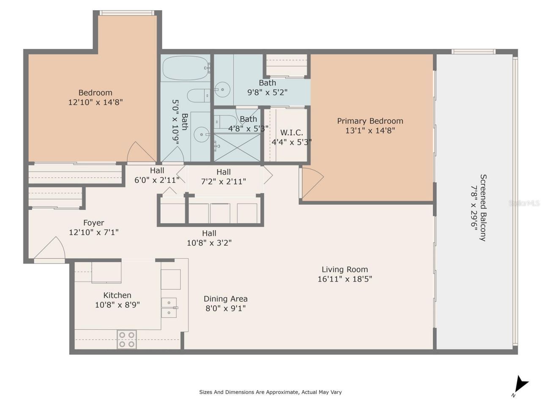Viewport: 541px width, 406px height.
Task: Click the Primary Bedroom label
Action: tap(370, 121)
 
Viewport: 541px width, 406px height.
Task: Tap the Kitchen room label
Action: tap(117, 295)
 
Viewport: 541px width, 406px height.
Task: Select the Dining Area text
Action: tap(225, 299)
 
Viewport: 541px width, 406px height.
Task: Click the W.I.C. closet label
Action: tap(291, 132)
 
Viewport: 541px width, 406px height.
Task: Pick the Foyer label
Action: tap(93, 223)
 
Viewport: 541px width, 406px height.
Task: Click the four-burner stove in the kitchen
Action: tap(127, 339)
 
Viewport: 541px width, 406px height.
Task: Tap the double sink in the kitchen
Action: tap(169, 307)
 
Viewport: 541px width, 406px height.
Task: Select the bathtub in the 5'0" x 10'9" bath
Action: tap(186, 68)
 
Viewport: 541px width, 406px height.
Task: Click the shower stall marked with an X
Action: tap(237, 147)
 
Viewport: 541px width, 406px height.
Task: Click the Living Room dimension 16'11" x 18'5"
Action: tap(344, 279)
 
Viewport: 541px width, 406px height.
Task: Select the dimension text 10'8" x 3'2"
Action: tap(209, 243)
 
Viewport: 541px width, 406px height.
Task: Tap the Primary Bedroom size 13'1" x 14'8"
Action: tap(370, 130)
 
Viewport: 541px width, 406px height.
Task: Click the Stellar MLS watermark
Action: tap(524, 203)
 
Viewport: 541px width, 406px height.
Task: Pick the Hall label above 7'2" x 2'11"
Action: tap(223, 172)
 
